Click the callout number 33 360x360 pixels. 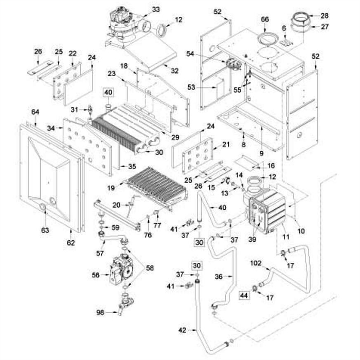tap(156, 10)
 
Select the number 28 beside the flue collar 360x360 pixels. tap(324, 15)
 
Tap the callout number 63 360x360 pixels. tap(46, 230)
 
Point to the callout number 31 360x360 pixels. tap(74, 109)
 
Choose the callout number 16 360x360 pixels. tap(271, 167)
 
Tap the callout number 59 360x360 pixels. tap(116, 227)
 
